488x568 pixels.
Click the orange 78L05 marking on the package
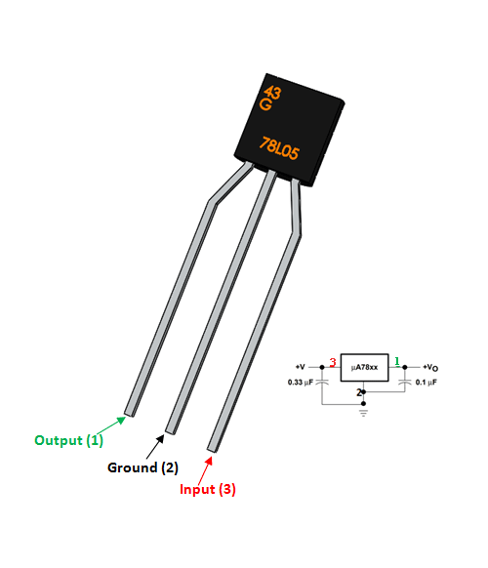[x=285, y=146]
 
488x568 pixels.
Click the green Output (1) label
[x=68, y=440]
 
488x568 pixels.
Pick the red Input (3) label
[x=207, y=488]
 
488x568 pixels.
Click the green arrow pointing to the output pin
[x=115, y=424]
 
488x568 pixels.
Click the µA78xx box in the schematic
[x=365, y=367]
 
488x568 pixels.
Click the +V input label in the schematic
[x=301, y=366]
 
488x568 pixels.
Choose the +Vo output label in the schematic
[x=428, y=366]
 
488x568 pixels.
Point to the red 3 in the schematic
[x=333, y=362]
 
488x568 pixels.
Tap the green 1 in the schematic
[x=397, y=361]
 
